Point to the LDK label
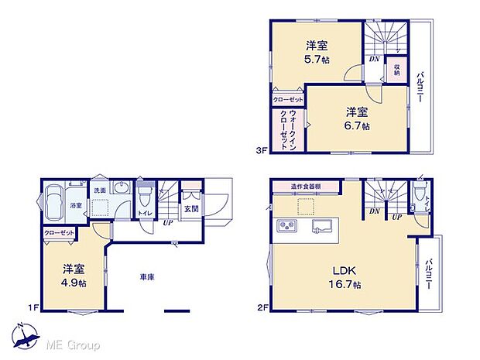(x=345, y=271)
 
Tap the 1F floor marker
(x=33, y=308)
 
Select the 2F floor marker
(x=262, y=308)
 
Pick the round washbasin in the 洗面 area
(x=121, y=190)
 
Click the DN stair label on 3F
(x=374, y=59)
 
